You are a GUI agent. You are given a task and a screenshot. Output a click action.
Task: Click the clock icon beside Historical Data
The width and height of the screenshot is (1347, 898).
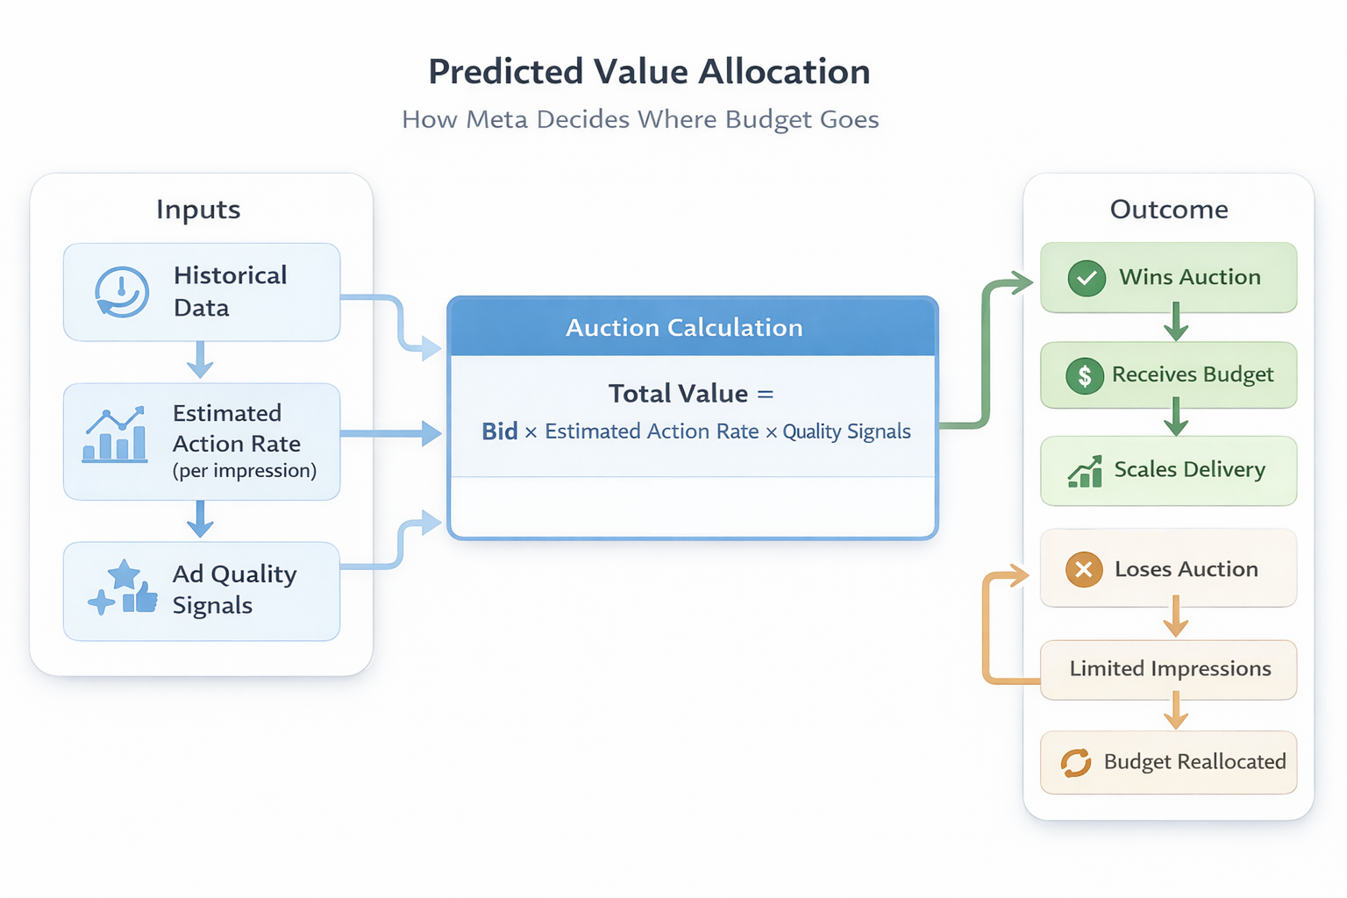121,292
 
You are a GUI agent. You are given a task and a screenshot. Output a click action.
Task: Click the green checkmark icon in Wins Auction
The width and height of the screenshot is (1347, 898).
1086,278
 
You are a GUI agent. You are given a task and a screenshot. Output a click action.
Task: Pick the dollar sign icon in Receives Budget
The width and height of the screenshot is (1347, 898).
1085,375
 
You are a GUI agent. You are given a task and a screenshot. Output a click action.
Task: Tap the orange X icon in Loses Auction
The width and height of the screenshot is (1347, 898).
1084,569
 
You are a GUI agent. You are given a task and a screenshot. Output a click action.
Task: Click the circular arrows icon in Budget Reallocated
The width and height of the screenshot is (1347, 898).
1075,762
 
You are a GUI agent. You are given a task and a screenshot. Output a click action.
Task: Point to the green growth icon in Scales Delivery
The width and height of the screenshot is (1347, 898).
1085,471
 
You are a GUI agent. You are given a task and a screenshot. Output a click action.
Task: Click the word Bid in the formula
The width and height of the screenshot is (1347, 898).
499,431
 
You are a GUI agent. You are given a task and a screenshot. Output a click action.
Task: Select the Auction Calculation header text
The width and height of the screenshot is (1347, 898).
684,328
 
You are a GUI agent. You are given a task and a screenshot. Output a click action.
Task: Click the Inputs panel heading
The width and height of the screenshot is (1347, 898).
198,210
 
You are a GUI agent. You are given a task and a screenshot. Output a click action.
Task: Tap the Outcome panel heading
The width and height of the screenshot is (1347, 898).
1168,210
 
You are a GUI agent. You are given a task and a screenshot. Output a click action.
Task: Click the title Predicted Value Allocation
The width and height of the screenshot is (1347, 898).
649,72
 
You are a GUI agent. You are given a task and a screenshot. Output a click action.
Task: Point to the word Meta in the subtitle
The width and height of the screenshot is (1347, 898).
497,119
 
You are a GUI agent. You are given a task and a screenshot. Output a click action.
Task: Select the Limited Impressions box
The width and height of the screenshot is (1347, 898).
1169,669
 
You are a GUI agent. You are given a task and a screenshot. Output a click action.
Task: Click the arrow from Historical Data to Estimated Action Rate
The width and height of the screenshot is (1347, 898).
200,360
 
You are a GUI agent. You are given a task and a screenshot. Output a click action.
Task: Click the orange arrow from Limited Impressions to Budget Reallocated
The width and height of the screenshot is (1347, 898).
1175,711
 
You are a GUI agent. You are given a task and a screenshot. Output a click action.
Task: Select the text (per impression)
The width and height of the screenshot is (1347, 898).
245,471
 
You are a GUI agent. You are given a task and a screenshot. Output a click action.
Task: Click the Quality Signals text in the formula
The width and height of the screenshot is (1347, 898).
846,431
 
